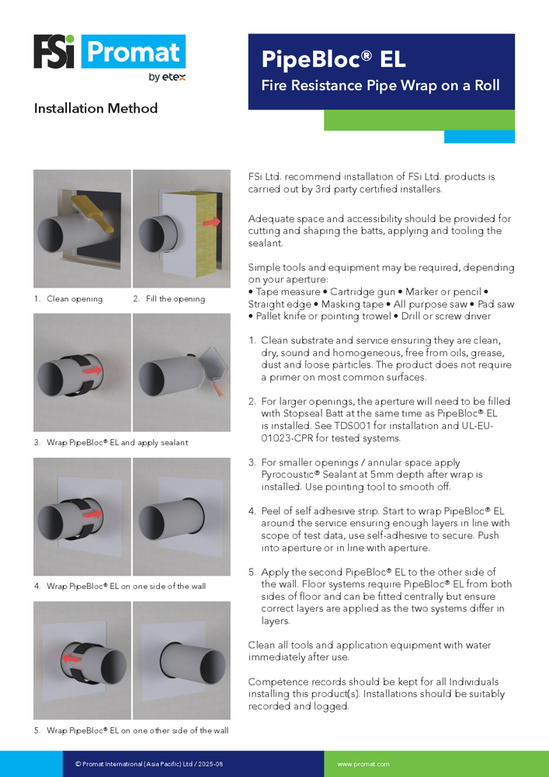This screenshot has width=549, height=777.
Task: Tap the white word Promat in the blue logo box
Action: click(x=134, y=52)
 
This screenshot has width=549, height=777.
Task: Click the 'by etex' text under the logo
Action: click(x=166, y=77)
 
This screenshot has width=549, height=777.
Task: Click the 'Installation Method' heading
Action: click(x=96, y=109)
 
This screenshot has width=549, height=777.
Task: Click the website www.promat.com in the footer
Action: click(x=363, y=765)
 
